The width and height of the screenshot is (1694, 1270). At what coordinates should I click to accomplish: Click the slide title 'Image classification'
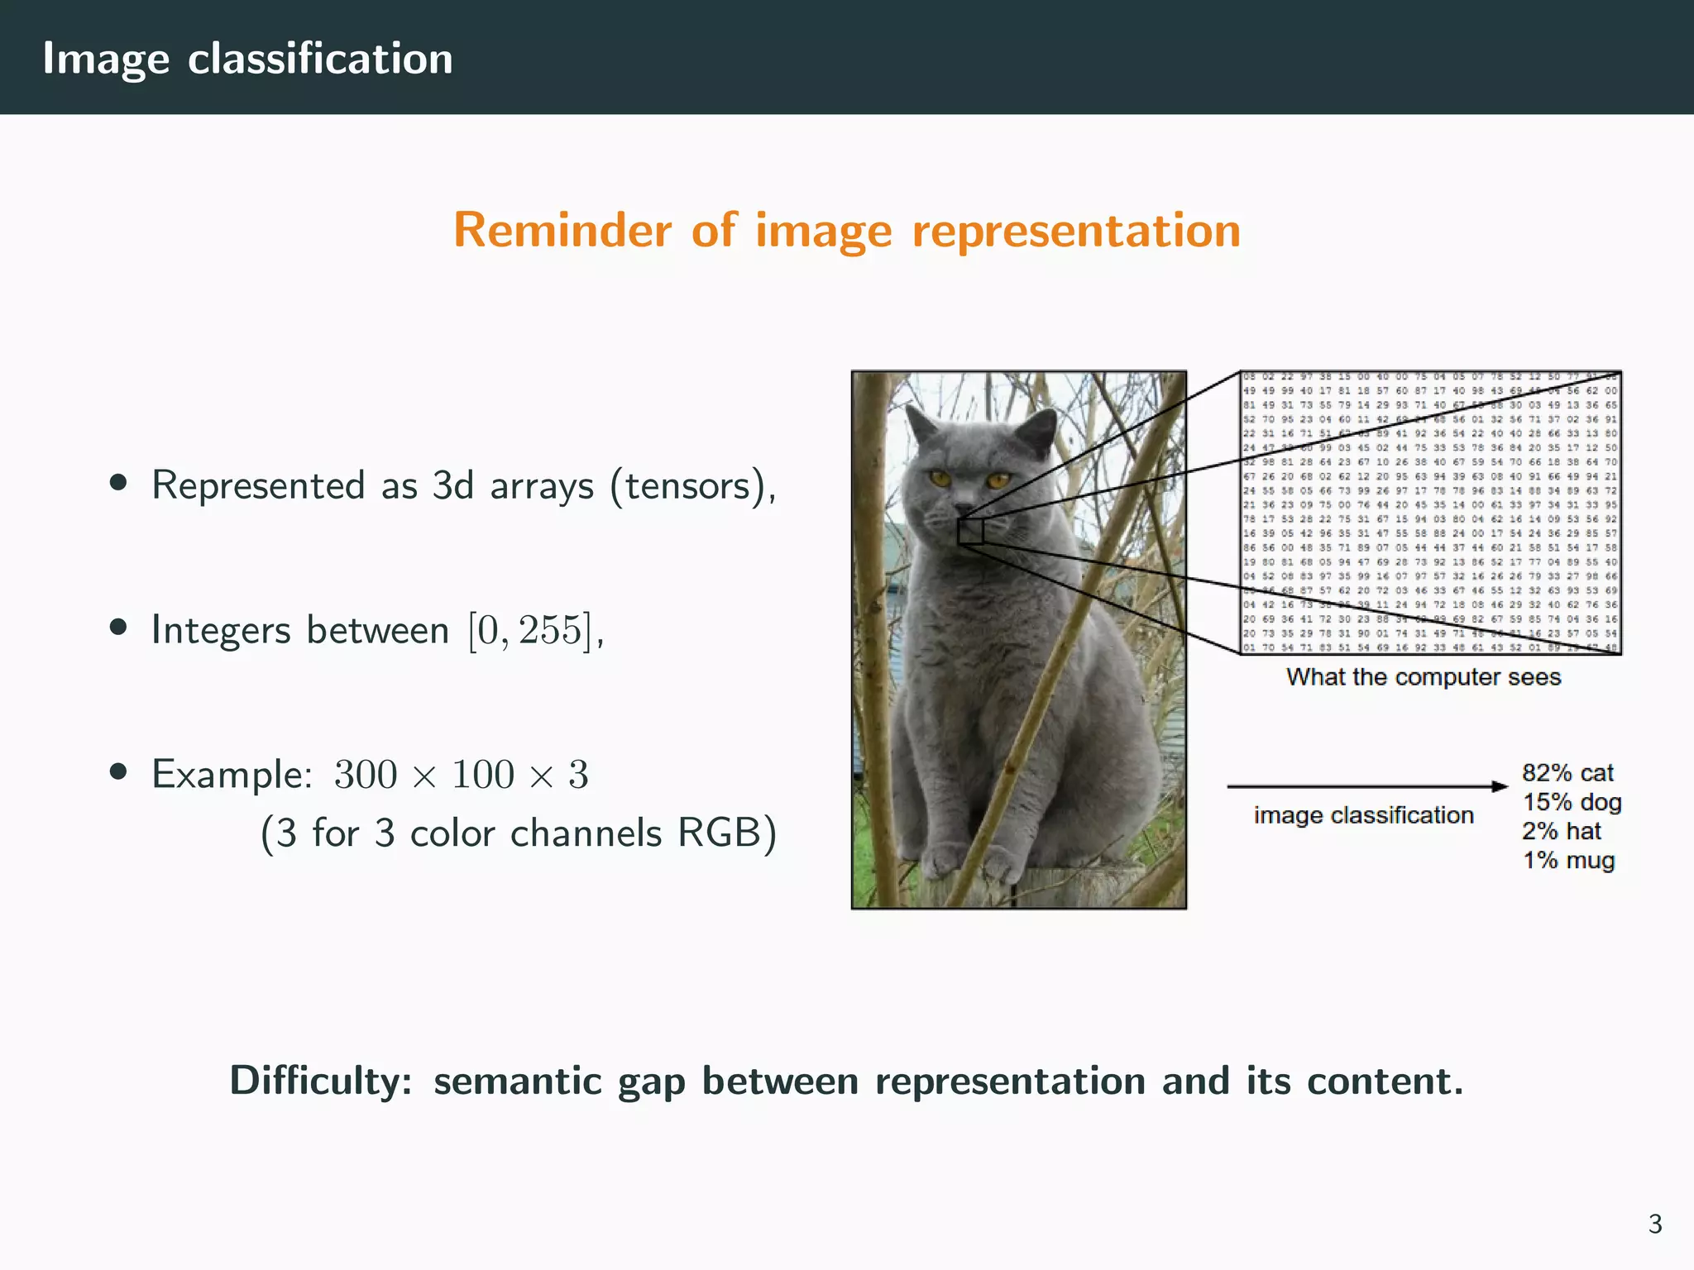pyautogui.click(x=247, y=59)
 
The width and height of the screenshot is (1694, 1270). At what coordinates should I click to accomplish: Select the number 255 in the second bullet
pyautogui.click(x=549, y=630)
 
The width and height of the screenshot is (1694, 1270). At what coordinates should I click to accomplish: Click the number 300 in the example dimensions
pyautogui.click(x=366, y=775)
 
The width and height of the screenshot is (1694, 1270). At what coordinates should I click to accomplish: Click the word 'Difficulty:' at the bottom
pyautogui.click(x=321, y=1081)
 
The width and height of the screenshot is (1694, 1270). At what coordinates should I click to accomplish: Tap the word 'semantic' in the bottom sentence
pyautogui.click(x=518, y=1081)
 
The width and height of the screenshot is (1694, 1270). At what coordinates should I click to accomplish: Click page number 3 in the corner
pyautogui.click(x=1654, y=1224)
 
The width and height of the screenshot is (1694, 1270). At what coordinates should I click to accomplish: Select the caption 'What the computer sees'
pyautogui.click(x=1423, y=677)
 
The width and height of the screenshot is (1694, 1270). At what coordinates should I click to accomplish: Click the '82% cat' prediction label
pyautogui.click(x=1567, y=773)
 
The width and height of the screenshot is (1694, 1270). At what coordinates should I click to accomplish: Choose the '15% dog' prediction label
pyautogui.click(x=1572, y=802)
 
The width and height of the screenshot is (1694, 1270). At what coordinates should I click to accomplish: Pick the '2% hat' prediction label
pyautogui.click(x=1562, y=831)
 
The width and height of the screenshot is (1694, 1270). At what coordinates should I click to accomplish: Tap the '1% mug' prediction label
pyautogui.click(x=1568, y=861)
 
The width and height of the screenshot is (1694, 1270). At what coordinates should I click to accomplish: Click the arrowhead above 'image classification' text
pyautogui.click(x=1500, y=786)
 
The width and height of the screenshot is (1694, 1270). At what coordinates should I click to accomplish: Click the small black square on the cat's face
pyautogui.click(x=970, y=531)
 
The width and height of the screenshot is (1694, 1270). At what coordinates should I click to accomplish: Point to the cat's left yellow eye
pyautogui.click(x=940, y=477)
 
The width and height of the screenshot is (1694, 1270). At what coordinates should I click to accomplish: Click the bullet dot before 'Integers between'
pyautogui.click(x=118, y=628)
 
